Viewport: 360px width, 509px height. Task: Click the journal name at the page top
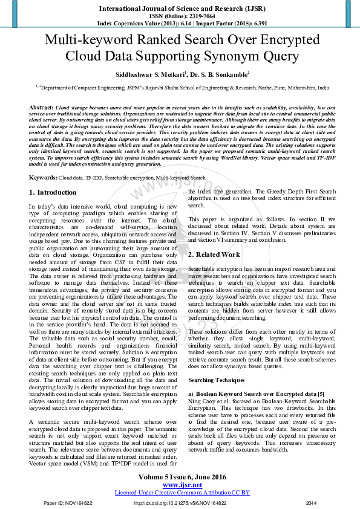click(x=180, y=9)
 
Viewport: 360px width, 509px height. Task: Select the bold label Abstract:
click(x=41, y=106)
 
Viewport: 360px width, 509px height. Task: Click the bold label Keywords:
click(x=43, y=178)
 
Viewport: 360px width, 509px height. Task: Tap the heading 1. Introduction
click(x=53, y=192)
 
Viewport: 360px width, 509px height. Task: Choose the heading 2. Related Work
click(x=214, y=254)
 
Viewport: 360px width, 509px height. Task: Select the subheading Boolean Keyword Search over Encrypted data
click(x=257, y=394)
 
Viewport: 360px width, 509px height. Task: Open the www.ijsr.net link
click(x=182, y=485)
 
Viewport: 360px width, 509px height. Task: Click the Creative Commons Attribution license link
click(x=182, y=493)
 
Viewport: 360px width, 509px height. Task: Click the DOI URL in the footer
click(x=182, y=503)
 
